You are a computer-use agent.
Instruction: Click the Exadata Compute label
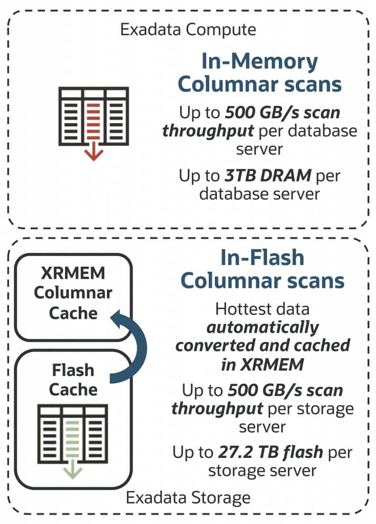click(188, 29)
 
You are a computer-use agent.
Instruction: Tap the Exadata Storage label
click(188, 497)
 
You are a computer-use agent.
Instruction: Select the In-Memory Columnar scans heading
click(259, 73)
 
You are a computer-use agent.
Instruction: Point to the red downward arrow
click(93, 151)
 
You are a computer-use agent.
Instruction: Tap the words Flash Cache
click(73, 379)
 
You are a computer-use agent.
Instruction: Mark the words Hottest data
click(262, 309)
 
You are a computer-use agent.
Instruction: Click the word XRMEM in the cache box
click(74, 273)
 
